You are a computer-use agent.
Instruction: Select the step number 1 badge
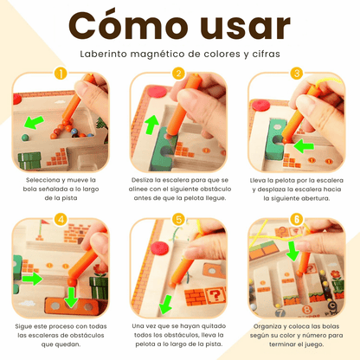(x=61, y=74)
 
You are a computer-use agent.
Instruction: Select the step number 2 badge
(x=178, y=74)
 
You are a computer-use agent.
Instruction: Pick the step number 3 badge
(x=297, y=74)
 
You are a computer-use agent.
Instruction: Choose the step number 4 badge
(x=61, y=220)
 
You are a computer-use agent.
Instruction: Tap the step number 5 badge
(x=178, y=220)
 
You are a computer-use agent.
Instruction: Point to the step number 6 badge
(x=297, y=220)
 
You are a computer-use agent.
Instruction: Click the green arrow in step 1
(x=34, y=122)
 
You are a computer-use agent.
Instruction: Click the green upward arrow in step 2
(x=152, y=125)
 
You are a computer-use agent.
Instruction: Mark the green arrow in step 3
(x=304, y=145)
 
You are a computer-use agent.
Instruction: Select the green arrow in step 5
(x=166, y=305)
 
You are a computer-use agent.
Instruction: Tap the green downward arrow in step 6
(x=293, y=251)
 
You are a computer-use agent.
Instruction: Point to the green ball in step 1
(x=25, y=138)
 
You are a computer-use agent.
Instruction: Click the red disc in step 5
(x=159, y=247)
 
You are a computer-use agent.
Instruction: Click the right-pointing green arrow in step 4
(x=33, y=279)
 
